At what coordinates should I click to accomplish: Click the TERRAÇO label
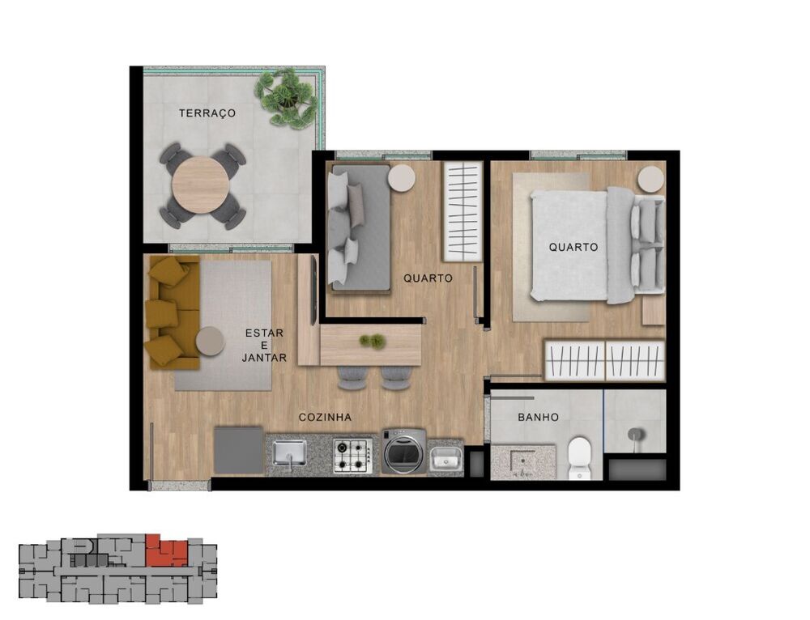[207, 113]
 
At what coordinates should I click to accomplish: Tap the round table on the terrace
[201, 185]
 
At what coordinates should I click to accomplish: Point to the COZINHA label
[325, 418]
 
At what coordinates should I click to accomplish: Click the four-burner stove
[352, 455]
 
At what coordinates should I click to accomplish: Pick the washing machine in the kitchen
[403, 452]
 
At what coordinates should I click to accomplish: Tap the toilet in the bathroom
[580, 459]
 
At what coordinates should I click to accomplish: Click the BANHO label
[538, 418]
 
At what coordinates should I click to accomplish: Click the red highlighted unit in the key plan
[166, 552]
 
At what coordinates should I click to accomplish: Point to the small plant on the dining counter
[372, 342]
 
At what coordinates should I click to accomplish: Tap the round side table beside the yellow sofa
[211, 341]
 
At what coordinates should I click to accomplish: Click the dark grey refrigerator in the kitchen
[239, 450]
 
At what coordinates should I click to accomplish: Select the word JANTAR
[265, 357]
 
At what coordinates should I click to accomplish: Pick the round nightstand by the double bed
[650, 179]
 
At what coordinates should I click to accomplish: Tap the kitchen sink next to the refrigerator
[289, 453]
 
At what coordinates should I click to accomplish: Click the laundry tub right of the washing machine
[445, 458]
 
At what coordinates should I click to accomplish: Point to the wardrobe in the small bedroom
[463, 211]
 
